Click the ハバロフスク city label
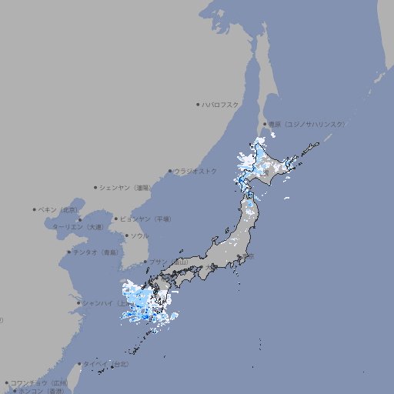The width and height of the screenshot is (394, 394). pos(220,104)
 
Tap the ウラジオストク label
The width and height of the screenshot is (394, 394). pos(195,171)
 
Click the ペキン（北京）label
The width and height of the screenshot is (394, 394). pos(58,209)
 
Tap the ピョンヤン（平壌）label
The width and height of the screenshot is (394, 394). pos(146,219)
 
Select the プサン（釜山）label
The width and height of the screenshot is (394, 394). pos(167,262)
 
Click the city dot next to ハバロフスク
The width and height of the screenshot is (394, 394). pos(198,104)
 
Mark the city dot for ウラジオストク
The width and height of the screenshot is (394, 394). pos(170,171)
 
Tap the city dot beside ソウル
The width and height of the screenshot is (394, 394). pos(125,236)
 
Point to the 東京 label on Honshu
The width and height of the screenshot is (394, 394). pos(251,257)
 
